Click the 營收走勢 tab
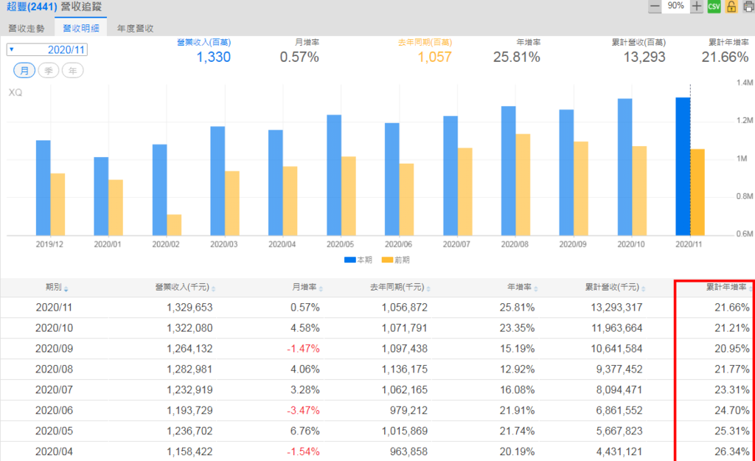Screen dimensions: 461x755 coord(27,29)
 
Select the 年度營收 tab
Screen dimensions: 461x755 coord(135,29)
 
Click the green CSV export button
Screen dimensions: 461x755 coord(714,7)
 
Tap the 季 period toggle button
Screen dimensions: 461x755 coord(49,70)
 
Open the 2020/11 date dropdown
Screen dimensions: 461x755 coord(47,49)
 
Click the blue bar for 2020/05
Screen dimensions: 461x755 coord(333,175)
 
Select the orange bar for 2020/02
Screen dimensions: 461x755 coord(174,224)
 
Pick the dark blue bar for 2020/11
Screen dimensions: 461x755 coord(683,166)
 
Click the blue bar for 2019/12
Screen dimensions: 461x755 coord(44,187)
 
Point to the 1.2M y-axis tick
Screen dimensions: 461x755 coord(741,121)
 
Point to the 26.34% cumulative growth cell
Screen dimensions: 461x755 coord(731,451)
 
